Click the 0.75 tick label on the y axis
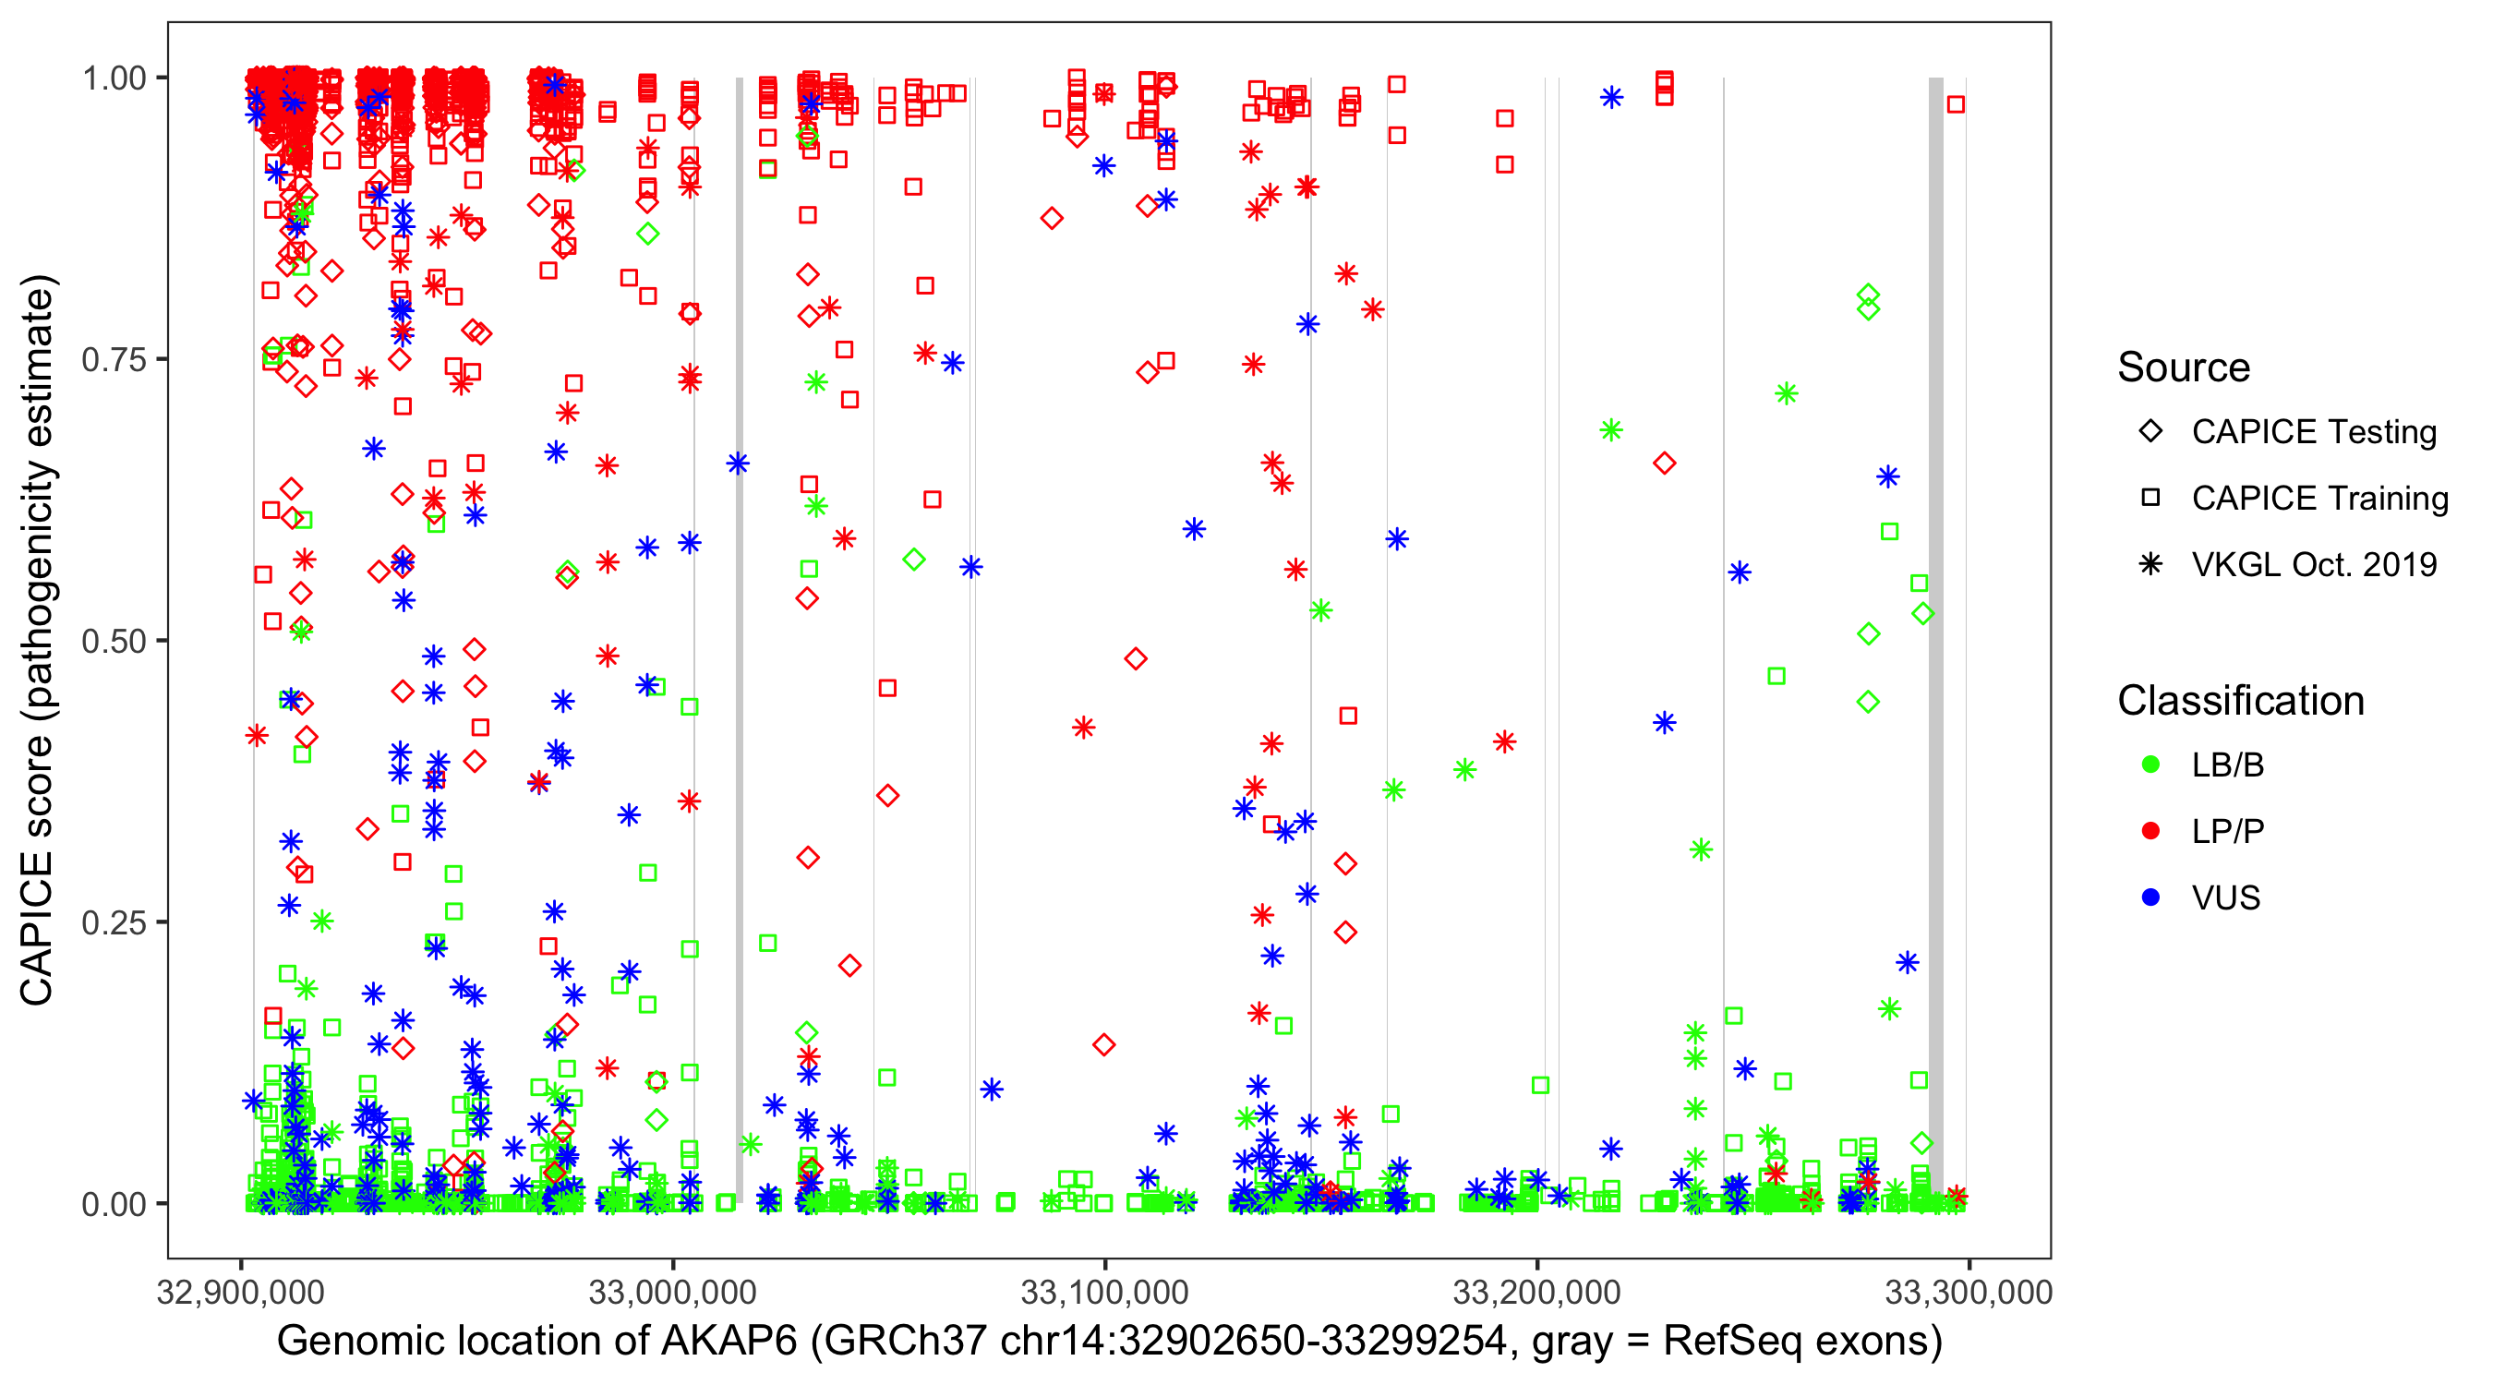(114, 360)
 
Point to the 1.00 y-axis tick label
(114, 78)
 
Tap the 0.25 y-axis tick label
(114, 922)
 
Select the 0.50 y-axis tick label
(114, 642)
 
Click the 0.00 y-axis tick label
(114, 1204)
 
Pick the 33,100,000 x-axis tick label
(1104, 1292)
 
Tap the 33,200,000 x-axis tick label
(1536, 1292)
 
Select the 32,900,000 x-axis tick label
(241, 1292)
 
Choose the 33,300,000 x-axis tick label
(1969, 1292)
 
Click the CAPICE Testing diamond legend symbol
(2150, 432)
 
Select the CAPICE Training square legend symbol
(2150, 498)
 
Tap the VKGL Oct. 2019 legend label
(2314, 564)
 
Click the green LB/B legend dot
(2150, 765)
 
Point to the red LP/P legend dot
(2150, 831)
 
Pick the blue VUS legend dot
(2150, 897)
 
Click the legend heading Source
(2184, 367)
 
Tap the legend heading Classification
(2240, 701)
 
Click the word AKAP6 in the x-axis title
(729, 1342)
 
